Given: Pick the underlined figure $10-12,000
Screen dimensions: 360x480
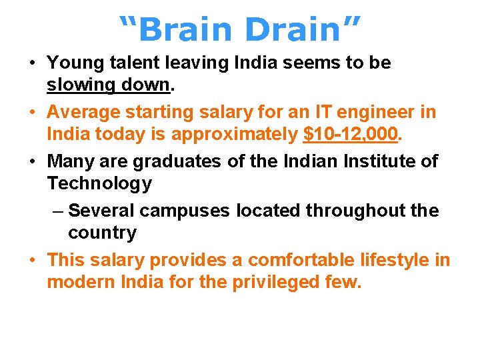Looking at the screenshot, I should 350,135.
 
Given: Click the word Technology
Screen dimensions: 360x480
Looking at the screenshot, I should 99,183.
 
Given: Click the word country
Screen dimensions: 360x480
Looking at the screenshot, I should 102,233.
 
